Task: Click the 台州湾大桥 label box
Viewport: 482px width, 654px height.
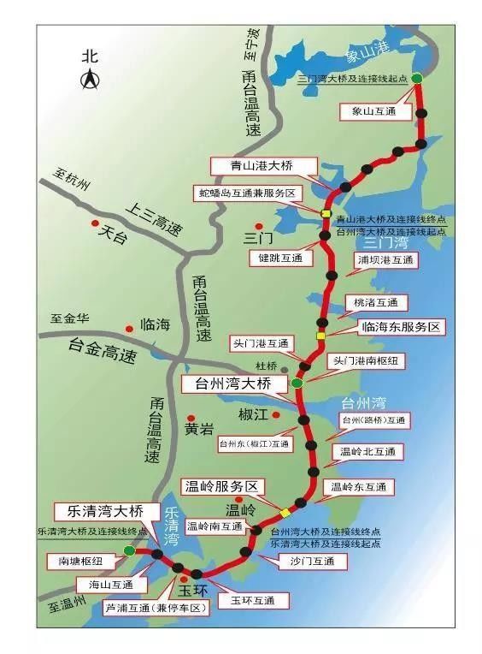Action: (x=228, y=384)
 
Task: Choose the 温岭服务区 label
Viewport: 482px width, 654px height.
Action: (x=220, y=485)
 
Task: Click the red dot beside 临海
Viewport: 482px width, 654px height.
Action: (x=129, y=327)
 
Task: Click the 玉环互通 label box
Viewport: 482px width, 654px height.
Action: (x=247, y=601)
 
